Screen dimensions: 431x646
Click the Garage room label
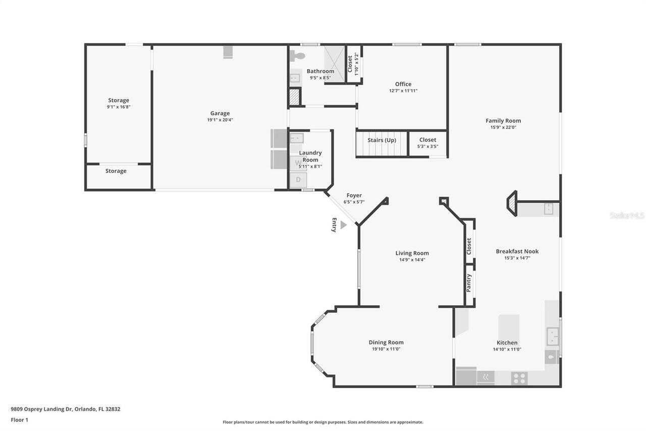[220, 113]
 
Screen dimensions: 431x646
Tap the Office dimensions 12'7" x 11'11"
[403, 91]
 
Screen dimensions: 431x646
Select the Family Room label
[503, 121]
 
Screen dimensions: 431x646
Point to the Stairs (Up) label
[382, 140]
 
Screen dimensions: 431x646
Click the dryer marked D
[298, 179]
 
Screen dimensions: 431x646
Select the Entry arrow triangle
[343, 225]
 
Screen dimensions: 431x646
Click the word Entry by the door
[334, 225]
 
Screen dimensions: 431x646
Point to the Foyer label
[354, 196]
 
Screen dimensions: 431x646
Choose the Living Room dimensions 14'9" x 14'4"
[412, 260]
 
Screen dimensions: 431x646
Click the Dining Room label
[386, 342]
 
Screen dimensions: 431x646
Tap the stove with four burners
[519, 377]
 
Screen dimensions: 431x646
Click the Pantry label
[469, 283]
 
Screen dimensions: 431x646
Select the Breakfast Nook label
[517, 251]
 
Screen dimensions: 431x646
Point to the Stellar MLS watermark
[627, 215]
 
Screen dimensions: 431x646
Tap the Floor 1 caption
[20, 419]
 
